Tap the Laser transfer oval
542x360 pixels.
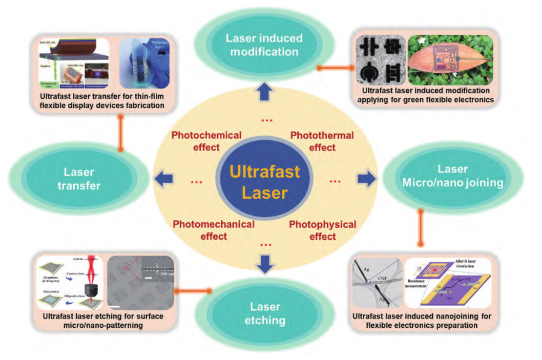pos(78,178)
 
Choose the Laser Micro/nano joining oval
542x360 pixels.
pos(453,176)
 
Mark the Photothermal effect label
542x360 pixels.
pos(320,141)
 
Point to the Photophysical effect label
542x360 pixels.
pos(322,230)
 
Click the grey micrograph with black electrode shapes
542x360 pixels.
pos(380,61)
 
